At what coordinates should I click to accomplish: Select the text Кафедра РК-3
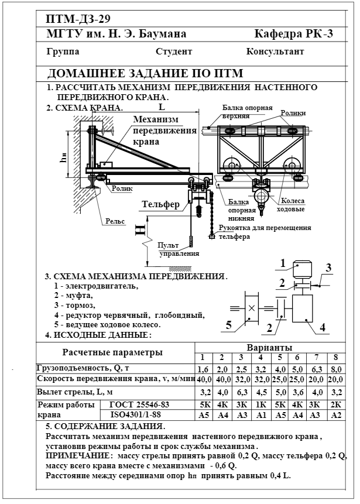pyautogui.click(x=294, y=33)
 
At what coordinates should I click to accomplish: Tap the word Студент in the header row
pyautogui.click(x=174, y=52)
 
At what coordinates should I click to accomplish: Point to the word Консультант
pyautogui.click(x=275, y=52)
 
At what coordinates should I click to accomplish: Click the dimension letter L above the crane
pyautogui.click(x=162, y=107)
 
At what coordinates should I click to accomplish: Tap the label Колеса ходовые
pyautogui.click(x=290, y=205)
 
